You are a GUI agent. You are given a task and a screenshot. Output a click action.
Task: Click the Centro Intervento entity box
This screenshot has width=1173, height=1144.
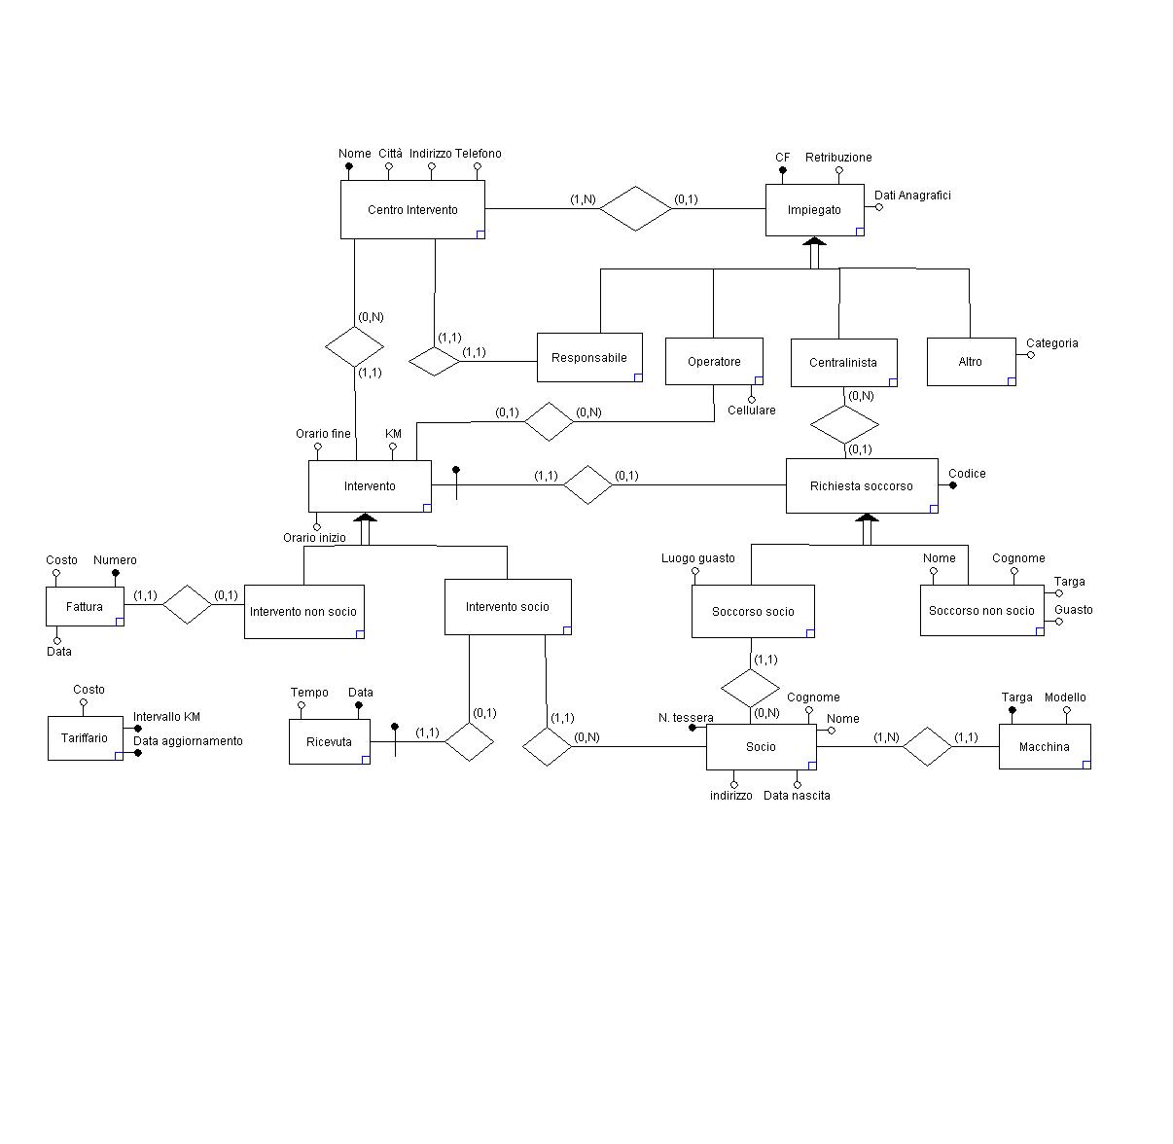(412, 209)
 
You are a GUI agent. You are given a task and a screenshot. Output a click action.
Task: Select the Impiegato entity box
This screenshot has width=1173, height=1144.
(814, 209)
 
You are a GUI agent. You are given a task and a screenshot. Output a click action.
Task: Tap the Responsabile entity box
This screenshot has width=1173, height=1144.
(589, 357)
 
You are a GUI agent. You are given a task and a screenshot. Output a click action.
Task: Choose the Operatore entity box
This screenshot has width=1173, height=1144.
(714, 361)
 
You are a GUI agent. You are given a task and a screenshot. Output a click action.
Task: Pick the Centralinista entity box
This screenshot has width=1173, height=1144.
(843, 362)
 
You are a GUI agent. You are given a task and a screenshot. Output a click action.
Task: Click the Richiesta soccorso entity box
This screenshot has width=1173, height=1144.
(862, 485)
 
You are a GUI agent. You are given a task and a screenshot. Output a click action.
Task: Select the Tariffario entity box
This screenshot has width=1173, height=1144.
(85, 738)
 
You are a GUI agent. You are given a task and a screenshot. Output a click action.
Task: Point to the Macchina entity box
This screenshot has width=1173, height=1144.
(1045, 746)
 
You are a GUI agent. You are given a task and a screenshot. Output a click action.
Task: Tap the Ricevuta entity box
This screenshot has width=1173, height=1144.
(329, 741)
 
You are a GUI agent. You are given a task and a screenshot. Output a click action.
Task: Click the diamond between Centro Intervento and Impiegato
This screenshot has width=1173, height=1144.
(636, 208)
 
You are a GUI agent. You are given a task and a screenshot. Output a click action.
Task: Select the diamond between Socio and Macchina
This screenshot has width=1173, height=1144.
(926, 746)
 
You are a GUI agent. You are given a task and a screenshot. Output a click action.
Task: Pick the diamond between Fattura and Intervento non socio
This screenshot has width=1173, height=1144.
(187, 603)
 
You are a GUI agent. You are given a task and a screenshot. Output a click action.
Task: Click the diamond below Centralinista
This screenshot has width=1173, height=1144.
(844, 424)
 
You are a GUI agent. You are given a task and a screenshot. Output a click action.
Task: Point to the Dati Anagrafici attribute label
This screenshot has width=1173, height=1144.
(912, 196)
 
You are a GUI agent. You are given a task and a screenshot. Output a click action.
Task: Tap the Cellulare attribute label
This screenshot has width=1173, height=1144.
(752, 411)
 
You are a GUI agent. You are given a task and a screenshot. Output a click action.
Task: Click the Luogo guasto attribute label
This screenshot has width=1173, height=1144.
(698, 557)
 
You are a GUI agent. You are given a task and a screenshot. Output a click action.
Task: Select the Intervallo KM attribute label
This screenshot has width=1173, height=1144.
(166, 717)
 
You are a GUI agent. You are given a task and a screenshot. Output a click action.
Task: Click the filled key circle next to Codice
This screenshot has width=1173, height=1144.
(953, 485)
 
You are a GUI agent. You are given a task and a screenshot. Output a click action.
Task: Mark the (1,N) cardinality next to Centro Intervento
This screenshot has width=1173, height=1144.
(583, 199)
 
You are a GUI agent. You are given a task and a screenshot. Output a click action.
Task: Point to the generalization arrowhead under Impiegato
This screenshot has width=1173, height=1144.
(815, 241)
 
